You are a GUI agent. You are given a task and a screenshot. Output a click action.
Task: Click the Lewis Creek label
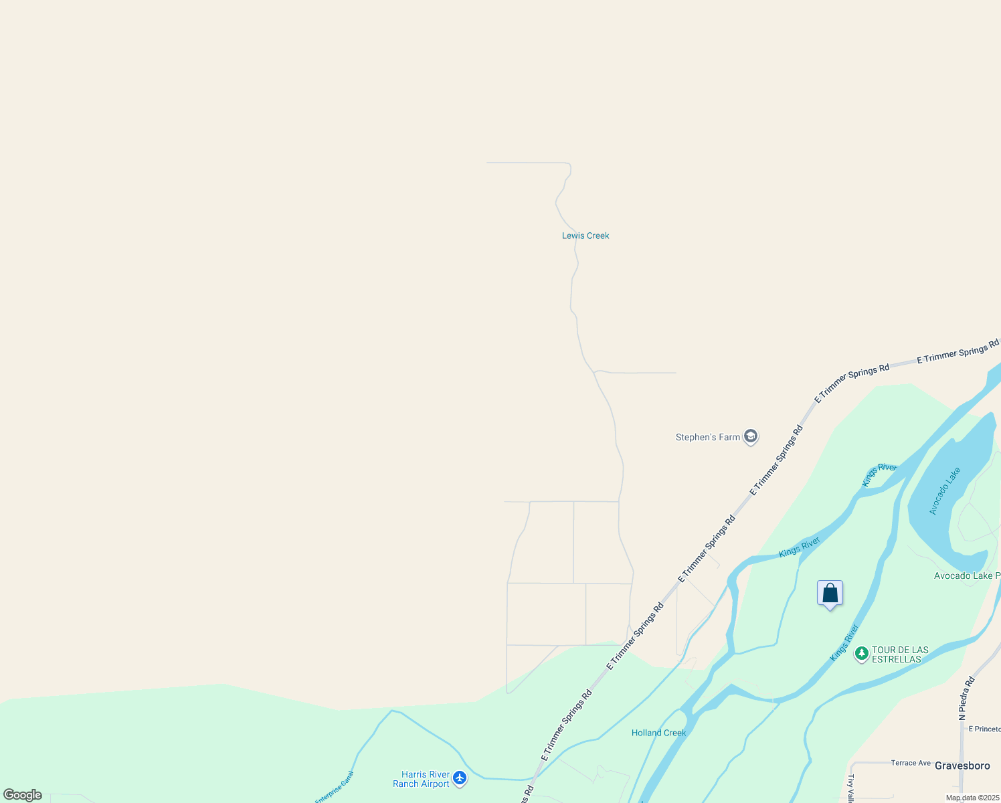click(x=585, y=236)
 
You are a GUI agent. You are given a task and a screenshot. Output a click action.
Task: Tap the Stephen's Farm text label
click(x=707, y=437)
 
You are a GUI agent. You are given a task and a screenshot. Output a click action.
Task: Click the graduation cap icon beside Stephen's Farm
click(x=751, y=437)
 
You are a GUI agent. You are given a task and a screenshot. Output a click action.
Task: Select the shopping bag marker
click(x=830, y=594)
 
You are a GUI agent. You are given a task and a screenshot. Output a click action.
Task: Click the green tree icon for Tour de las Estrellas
click(x=862, y=654)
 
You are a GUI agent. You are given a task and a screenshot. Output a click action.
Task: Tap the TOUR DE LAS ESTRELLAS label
click(x=900, y=654)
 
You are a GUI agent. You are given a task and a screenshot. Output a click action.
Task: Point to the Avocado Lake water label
click(x=945, y=490)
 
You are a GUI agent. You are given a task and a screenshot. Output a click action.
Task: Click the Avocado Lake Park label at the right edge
click(x=967, y=575)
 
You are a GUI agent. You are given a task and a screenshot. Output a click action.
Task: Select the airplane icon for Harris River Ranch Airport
click(x=459, y=778)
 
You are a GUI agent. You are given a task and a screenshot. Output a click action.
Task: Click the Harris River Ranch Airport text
click(x=422, y=779)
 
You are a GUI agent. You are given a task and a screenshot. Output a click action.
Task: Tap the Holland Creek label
click(x=658, y=733)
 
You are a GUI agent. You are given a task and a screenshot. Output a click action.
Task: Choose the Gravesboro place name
click(x=962, y=766)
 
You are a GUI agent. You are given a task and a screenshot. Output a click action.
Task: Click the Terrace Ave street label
click(x=911, y=763)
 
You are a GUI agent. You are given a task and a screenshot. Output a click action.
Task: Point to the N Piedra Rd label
click(x=967, y=698)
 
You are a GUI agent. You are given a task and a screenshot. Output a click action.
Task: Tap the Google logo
click(x=23, y=795)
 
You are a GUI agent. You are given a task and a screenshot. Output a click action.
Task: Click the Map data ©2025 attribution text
click(x=972, y=798)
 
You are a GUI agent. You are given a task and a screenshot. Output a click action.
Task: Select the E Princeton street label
click(x=984, y=729)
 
